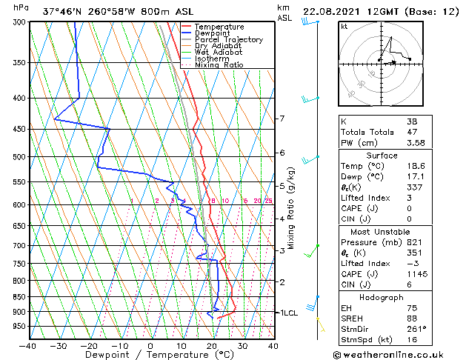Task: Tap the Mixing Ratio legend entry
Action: point(219,65)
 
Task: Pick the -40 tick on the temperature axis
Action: point(28,345)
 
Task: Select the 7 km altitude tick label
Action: point(282,119)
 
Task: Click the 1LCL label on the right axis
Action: point(287,313)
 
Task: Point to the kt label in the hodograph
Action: point(344,27)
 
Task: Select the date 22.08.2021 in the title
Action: point(335,11)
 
